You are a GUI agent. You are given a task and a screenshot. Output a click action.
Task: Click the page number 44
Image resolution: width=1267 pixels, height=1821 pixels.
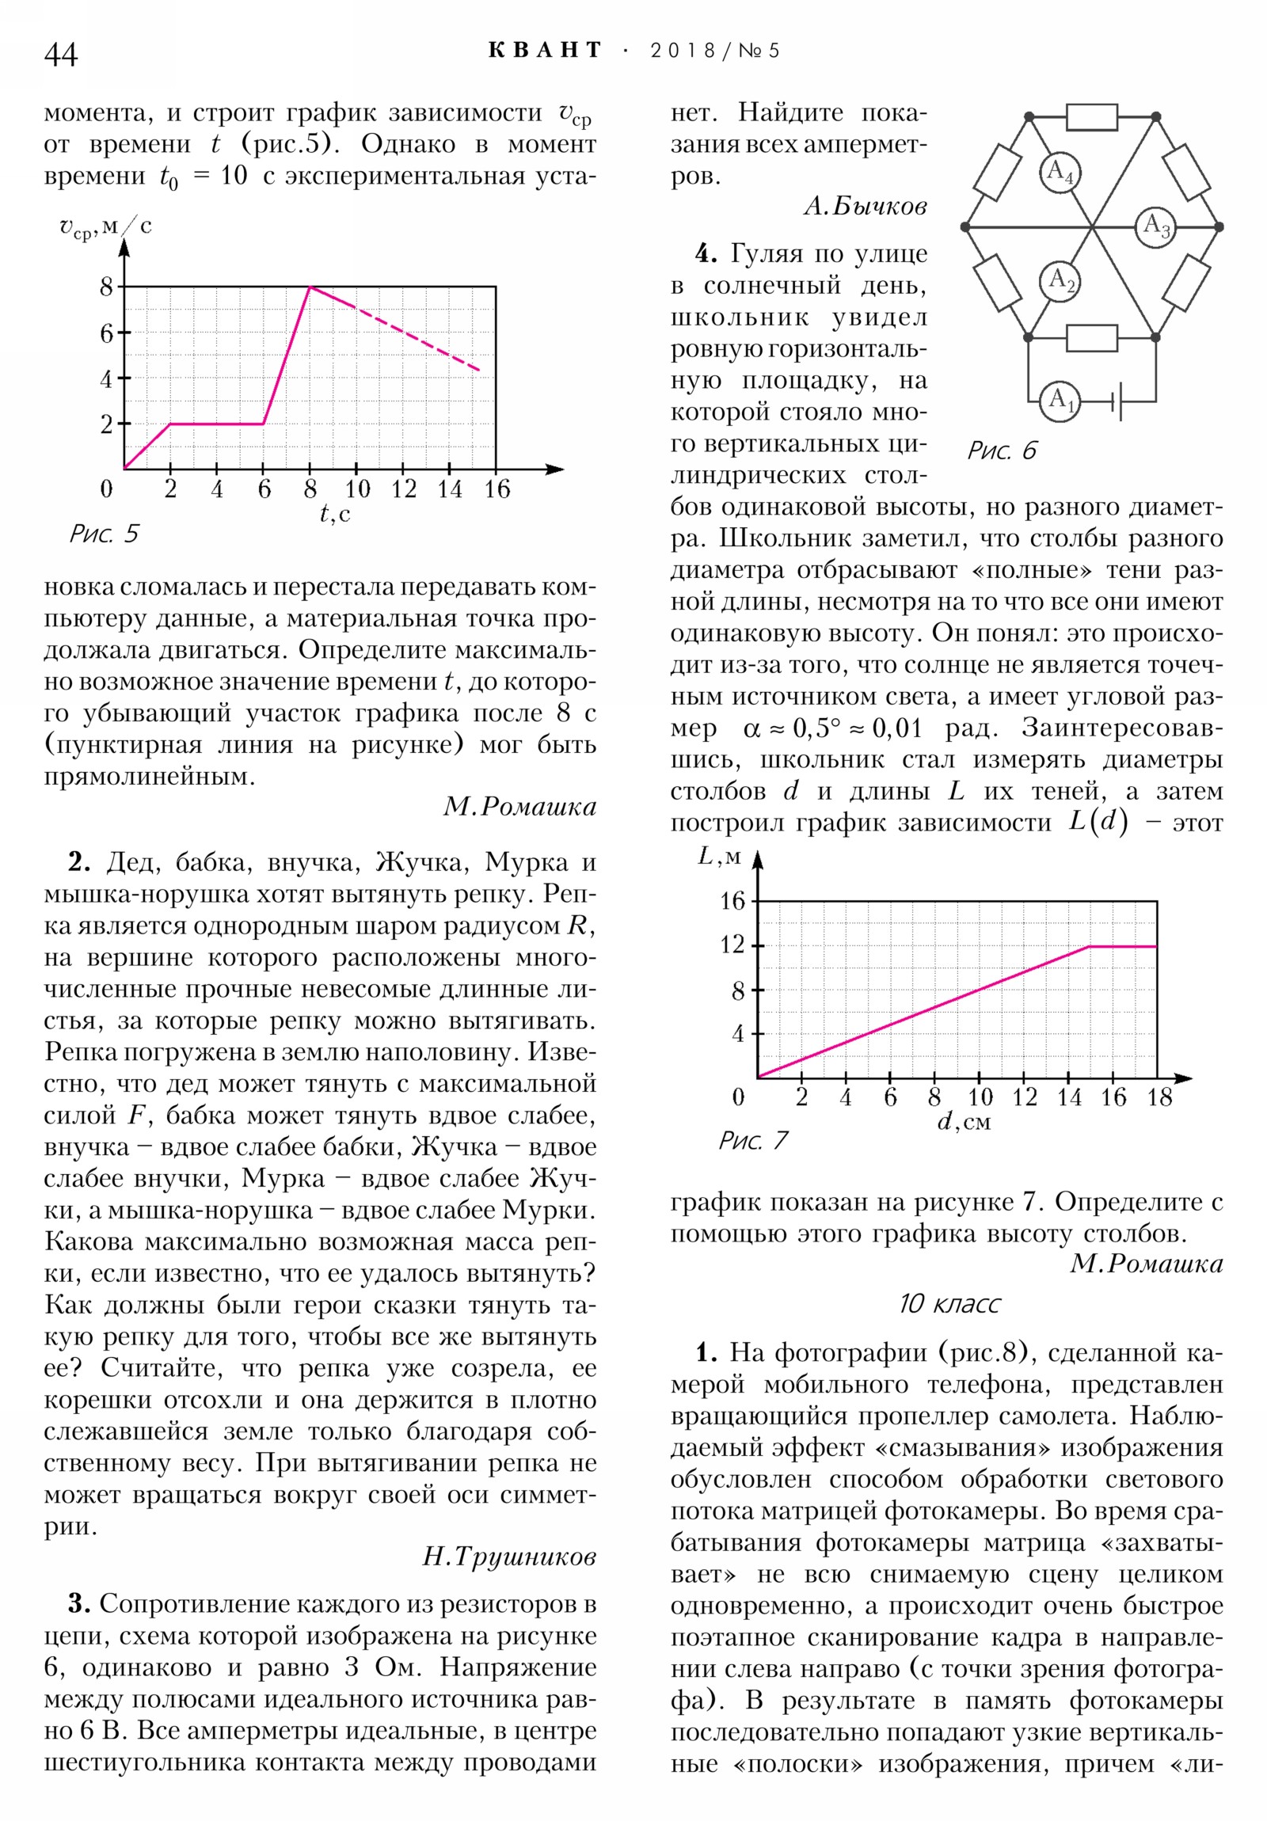coord(61,55)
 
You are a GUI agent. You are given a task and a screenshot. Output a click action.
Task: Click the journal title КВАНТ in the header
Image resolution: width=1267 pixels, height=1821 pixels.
coord(545,51)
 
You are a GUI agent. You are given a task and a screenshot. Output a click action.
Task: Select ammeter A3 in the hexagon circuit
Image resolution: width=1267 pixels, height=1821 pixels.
coord(1155,226)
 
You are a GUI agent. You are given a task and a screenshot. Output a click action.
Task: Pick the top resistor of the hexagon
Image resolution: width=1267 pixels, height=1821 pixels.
coord(1092,116)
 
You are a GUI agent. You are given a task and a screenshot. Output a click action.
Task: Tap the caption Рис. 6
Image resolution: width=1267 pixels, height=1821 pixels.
coord(1001,450)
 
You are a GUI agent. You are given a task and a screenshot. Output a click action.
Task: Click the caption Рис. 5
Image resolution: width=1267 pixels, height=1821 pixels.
coord(104,534)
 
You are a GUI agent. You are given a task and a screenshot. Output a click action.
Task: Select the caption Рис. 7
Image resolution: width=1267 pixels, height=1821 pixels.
coord(753,1141)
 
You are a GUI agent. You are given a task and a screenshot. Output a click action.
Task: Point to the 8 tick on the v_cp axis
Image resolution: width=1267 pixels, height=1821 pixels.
coord(106,287)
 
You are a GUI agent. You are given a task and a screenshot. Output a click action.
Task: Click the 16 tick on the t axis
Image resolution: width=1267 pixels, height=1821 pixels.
coord(497,489)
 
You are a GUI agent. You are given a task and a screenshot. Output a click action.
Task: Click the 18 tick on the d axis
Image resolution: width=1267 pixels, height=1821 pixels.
coord(1159,1097)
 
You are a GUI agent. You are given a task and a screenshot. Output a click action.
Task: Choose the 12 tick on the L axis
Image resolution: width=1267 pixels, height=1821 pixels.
coord(733,945)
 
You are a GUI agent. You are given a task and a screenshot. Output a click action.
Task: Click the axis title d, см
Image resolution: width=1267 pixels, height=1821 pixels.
coord(964,1122)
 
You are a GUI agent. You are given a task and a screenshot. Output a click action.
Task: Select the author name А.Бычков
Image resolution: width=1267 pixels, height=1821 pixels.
coord(865,206)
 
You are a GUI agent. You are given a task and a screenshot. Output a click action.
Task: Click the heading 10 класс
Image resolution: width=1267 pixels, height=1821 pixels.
coord(949,1304)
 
